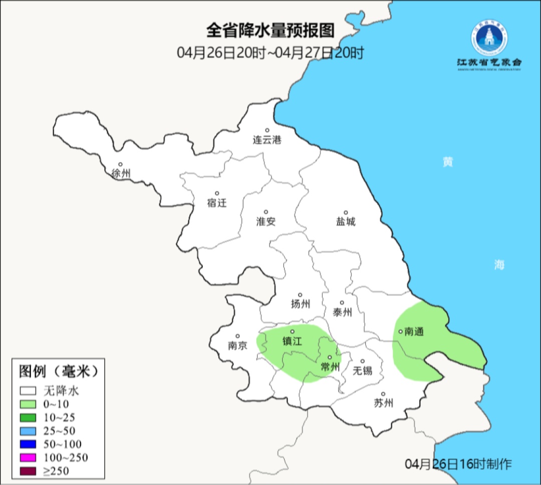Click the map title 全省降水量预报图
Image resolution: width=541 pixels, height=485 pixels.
coord(270,31)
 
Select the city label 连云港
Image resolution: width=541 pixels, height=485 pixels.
coord(267,140)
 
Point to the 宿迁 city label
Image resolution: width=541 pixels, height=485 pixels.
coord(217,203)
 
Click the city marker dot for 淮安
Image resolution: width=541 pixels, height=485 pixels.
coord(266,212)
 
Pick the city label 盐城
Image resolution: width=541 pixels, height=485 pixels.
coord(345,221)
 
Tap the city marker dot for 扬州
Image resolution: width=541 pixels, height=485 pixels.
coord(300,295)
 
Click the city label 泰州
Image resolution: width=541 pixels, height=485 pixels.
coord(342,312)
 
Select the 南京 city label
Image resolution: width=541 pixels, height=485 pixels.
coord(237,345)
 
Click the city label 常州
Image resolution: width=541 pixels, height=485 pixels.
coord(330,367)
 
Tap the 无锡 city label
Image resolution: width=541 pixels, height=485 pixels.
coord(362,370)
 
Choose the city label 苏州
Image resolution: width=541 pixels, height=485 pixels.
coord(383,403)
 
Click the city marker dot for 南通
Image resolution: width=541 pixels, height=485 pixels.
coord(400,331)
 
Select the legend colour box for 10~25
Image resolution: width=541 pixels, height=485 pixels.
coord(28,417)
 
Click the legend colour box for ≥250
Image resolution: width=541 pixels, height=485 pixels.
coord(28,471)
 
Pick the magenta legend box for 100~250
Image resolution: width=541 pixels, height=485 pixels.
coord(28,457)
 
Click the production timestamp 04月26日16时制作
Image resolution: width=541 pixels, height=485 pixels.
coord(458,464)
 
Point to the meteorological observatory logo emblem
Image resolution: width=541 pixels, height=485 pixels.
coord(489,39)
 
